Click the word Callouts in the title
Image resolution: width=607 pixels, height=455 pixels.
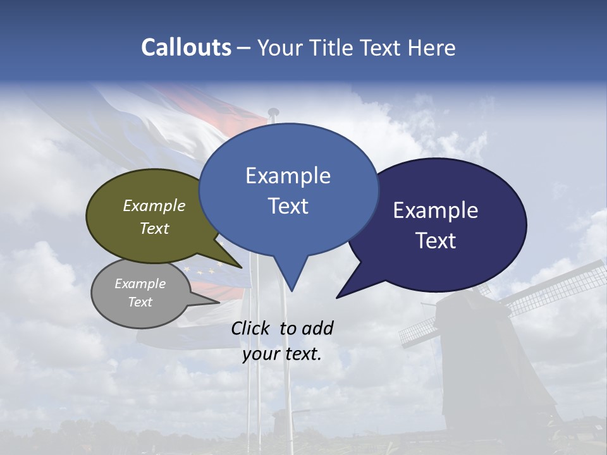[186, 47]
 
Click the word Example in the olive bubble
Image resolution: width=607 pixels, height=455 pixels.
[154, 206]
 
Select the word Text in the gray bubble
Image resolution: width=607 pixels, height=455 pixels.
[140, 302]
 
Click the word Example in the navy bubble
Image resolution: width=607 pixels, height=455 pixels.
[436, 210]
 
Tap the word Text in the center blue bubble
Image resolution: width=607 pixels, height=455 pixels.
[288, 206]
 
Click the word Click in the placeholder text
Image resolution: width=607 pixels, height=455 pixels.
[251, 328]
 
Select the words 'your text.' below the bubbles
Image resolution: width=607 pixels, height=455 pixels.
[282, 354]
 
